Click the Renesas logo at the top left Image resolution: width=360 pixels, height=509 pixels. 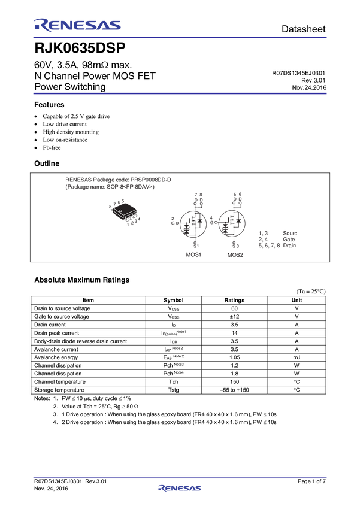[77, 25]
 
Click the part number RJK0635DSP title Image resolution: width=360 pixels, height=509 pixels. [80, 48]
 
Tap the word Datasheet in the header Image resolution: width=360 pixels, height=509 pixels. [303, 29]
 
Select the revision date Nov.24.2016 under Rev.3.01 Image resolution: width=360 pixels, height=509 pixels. [309, 87]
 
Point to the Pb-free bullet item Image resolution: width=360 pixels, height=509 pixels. [52, 147]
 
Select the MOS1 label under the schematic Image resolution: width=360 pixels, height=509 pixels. [193, 255]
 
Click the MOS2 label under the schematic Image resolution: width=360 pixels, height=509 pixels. [235, 255]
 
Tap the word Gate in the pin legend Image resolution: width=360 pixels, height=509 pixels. [289, 240]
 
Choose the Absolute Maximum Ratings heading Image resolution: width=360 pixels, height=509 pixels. [82, 280]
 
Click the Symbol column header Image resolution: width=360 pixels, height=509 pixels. [173, 300]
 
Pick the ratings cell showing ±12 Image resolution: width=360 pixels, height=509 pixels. [234, 317]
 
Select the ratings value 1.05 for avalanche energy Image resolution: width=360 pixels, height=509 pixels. [234, 357]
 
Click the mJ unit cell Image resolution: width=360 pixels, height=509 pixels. [297, 357]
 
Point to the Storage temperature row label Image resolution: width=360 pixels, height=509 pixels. [59, 390]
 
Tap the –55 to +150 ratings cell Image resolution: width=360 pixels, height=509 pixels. [234, 390]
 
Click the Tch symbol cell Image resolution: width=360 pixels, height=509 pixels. [173, 382]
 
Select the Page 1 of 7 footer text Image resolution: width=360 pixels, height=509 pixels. [311, 481]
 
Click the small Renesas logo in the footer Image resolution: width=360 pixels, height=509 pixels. [180, 488]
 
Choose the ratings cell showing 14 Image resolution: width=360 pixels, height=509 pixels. [234, 333]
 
